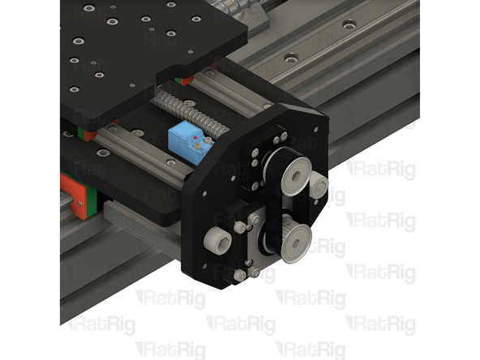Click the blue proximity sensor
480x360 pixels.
click(x=185, y=140)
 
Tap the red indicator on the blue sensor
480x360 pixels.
click(x=197, y=145)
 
